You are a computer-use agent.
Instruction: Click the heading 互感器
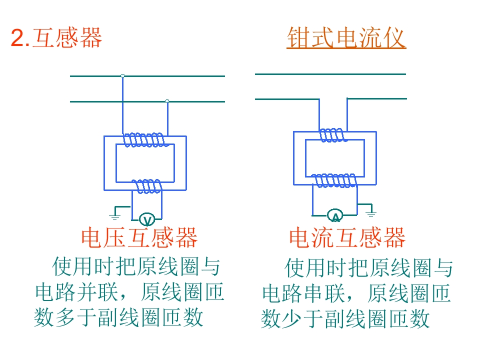click(67, 38)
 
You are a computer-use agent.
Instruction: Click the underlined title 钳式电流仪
click(346, 38)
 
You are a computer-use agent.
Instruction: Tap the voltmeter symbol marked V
click(146, 218)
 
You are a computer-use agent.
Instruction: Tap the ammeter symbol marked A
click(335, 216)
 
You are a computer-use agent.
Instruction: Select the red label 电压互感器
click(139, 238)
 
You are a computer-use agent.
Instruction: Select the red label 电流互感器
click(347, 238)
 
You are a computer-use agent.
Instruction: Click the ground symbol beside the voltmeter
click(115, 215)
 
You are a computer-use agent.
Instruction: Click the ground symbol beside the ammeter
click(370, 214)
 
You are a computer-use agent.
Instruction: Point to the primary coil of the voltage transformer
click(144, 140)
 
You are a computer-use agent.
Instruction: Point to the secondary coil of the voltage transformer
click(147, 186)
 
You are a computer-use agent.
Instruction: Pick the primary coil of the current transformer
click(332, 135)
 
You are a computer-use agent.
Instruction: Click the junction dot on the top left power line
click(122, 76)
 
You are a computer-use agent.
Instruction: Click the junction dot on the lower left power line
click(167, 101)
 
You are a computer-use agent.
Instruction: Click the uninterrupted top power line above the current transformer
click(330, 74)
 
